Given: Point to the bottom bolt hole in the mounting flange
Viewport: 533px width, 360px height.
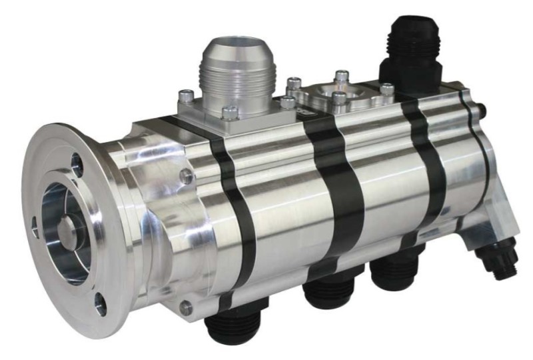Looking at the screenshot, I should click(100, 305).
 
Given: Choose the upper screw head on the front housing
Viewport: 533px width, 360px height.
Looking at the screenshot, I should click(188, 177).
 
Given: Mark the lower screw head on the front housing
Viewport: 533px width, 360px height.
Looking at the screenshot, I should click(187, 307).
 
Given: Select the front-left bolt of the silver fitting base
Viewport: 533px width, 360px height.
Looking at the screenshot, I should click(229, 113).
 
